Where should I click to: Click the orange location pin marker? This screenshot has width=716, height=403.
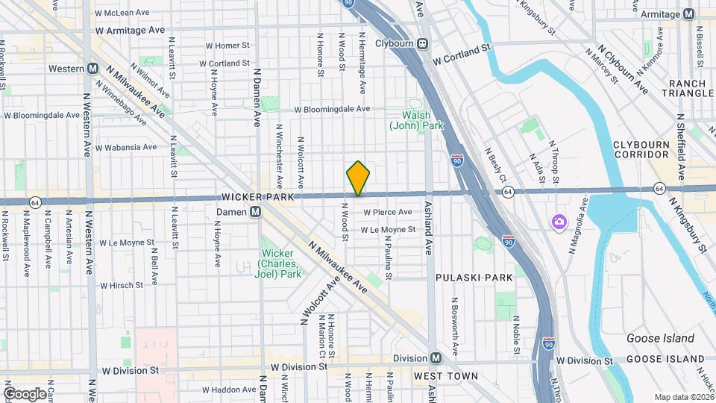pyautogui.click(x=358, y=178)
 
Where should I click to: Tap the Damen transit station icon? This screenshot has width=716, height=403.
pyautogui.click(x=255, y=212)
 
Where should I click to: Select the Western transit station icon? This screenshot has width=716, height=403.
pyautogui.click(x=93, y=68)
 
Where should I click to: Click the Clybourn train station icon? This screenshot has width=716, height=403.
pyautogui.click(x=422, y=43)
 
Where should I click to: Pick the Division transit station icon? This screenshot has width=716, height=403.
pyautogui.click(x=436, y=357)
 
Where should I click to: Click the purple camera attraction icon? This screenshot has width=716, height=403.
pyautogui.click(x=558, y=222)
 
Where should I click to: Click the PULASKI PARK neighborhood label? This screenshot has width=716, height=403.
pyautogui.click(x=474, y=277)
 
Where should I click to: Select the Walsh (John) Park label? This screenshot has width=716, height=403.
pyautogui.click(x=416, y=120)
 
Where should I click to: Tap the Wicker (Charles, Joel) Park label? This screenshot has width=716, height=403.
pyautogui.click(x=280, y=263)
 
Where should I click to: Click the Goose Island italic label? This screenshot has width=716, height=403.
pyautogui.click(x=660, y=338)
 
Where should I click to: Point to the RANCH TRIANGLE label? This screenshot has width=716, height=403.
pyautogui.click(x=691, y=88)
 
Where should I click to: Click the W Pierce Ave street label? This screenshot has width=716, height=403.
pyautogui.click(x=388, y=213)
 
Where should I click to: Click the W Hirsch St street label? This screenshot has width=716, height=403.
pyautogui.click(x=121, y=285)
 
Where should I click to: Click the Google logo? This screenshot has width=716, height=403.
pyautogui.click(x=25, y=393)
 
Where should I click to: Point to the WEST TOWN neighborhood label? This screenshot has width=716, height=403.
pyautogui.click(x=445, y=375)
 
